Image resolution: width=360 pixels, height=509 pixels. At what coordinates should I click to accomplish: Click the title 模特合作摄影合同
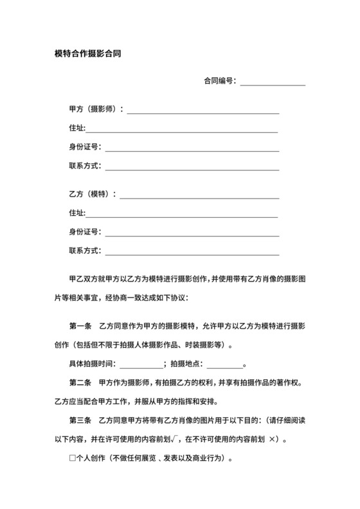(88, 55)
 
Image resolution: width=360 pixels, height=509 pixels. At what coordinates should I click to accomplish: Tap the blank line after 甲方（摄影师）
(203, 111)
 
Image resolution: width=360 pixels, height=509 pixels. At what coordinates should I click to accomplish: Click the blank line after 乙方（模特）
(199, 195)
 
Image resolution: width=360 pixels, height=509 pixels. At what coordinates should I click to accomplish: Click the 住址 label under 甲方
(76, 129)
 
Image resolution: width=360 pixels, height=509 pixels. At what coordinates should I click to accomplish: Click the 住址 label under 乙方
(76, 213)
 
